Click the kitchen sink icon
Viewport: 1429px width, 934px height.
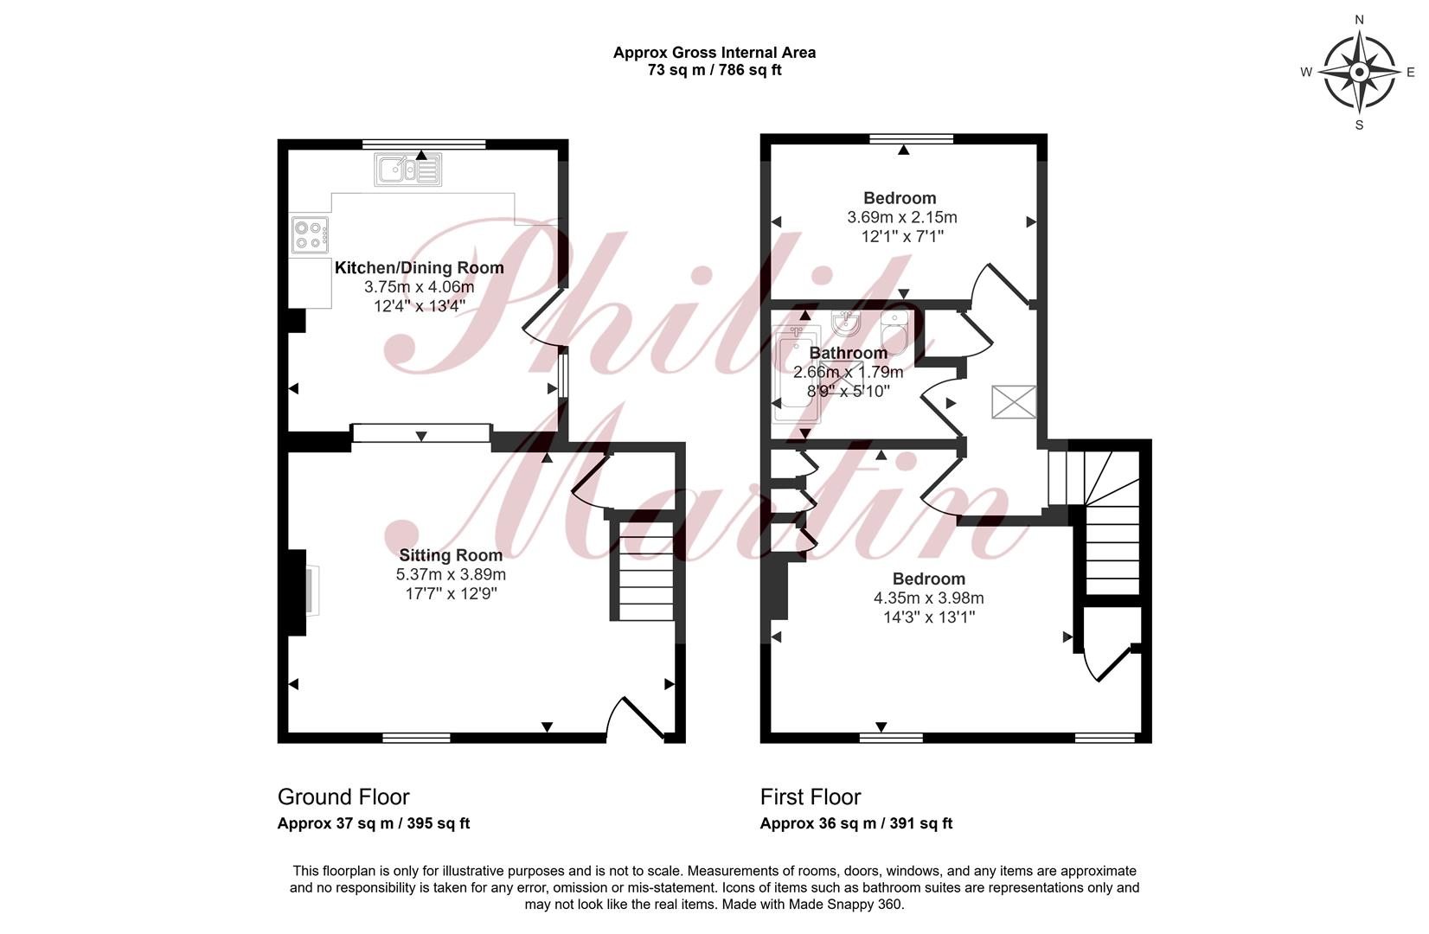[x=407, y=170]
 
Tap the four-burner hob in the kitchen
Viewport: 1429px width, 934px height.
[x=311, y=234]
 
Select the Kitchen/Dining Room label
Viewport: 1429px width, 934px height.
[x=420, y=267]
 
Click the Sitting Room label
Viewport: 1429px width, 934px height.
[x=451, y=555]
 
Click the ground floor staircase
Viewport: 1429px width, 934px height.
[x=646, y=571]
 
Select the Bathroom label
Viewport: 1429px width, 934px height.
[x=848, y=353]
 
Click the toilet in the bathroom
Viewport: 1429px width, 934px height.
[x=894, y=332]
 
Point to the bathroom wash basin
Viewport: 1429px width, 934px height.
[x=847, y=323]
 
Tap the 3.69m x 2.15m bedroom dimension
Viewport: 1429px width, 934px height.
[x=901, y=218]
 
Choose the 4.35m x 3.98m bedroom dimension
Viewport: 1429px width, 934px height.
[x=928, y=598]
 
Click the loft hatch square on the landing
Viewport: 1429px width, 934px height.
[x=1014, y=402]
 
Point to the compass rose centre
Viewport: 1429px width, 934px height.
[x=1360, y=72]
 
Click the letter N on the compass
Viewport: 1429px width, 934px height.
[x=1360, y=20]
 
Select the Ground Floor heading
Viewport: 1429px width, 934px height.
[x=343, y=796]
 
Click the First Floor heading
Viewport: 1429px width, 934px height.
[x=811, y=796]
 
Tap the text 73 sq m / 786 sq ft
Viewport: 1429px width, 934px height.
[x=714, y=70]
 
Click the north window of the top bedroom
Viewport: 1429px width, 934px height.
[x=911, y=138]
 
